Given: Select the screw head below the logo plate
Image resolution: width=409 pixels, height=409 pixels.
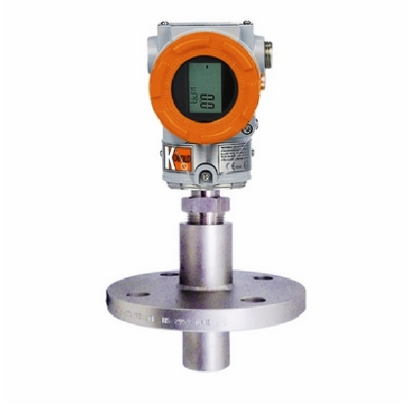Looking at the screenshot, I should (x=205, y=177).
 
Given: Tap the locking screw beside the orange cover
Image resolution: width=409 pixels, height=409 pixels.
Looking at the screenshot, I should (x=248, y=128).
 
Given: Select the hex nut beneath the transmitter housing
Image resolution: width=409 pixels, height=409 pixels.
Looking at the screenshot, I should (x=205, y=202).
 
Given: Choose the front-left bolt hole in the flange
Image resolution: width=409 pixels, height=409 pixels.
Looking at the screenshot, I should (x=138, y=294).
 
